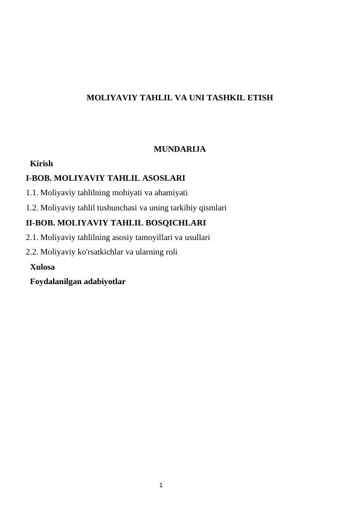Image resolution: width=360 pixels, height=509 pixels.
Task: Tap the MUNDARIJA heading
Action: [x=180, y=149]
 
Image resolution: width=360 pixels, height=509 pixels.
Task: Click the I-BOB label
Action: [x=39, y=178]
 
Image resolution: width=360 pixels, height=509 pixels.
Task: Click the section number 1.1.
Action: [x=32, y=193]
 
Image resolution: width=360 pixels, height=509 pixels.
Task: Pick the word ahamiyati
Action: [x=172, y=193]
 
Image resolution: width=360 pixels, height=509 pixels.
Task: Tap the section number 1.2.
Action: [x=32, y=207]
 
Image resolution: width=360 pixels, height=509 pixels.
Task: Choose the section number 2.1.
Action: [x=32, y=237]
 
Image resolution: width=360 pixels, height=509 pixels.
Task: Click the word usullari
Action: [x=194, y=237]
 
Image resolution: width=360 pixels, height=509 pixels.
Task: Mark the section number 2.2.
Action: [x=32, y=251]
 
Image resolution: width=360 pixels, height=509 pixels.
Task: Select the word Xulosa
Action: [x=42, y=267]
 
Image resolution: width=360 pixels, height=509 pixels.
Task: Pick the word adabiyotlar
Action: [x=104, y=281]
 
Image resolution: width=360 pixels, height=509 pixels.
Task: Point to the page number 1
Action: [x=161, y=485]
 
